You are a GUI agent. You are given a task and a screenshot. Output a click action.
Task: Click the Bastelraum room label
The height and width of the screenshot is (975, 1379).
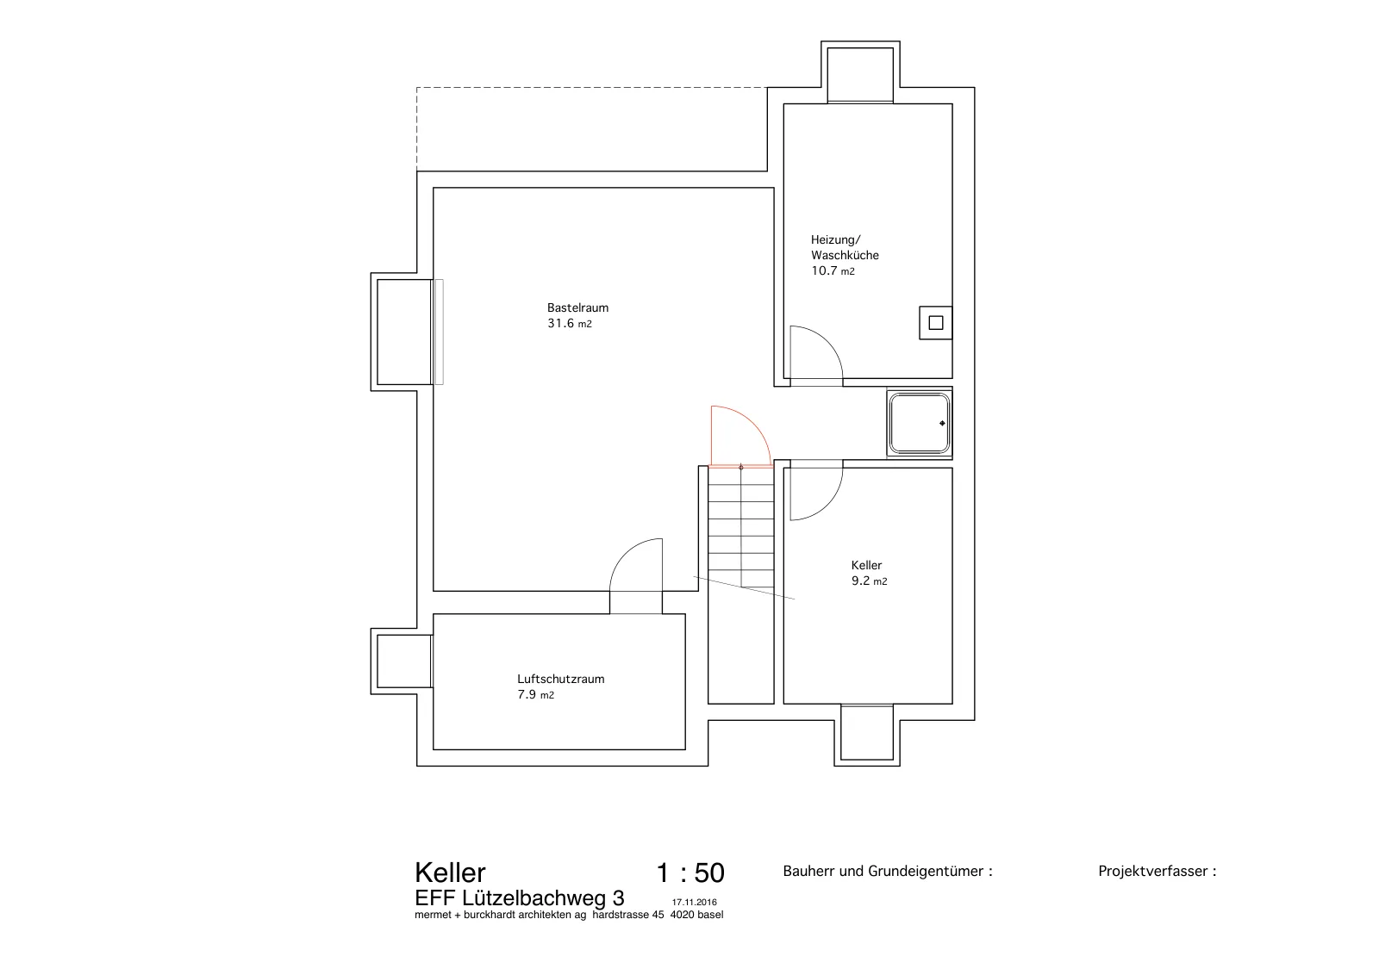point(577,307)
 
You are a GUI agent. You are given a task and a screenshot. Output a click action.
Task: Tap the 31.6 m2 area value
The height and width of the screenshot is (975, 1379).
point(570,324)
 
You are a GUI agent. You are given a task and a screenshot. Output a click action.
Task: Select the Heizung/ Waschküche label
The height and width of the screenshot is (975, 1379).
point(845,247)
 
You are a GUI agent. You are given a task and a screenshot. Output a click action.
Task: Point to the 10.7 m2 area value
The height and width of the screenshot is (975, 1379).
point(833,271)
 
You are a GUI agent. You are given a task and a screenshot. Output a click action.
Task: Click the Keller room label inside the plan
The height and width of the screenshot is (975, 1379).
point(866,565)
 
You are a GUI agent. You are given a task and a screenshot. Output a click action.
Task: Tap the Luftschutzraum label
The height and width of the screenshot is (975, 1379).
point(561,679)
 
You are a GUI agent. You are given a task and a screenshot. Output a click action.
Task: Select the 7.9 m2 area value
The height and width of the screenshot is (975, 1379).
point(535,695)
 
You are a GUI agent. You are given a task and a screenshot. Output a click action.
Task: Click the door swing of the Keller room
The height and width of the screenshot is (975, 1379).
point(828,505)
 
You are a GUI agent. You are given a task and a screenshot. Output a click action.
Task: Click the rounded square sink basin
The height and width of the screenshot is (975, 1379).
point(919,423)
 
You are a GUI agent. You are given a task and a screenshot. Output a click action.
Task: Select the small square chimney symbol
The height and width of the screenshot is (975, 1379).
point(936,322)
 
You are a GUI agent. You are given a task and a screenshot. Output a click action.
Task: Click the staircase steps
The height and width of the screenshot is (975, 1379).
point(740,527)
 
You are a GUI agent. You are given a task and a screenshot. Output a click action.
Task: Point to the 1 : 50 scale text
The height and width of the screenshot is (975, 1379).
point(690,873)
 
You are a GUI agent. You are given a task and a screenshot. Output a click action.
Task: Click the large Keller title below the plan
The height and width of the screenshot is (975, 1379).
point(450,873)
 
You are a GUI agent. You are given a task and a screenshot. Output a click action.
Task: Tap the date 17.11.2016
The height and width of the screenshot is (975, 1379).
point(695,903)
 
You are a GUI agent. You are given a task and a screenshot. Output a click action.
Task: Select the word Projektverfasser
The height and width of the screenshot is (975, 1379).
point(1152,871)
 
